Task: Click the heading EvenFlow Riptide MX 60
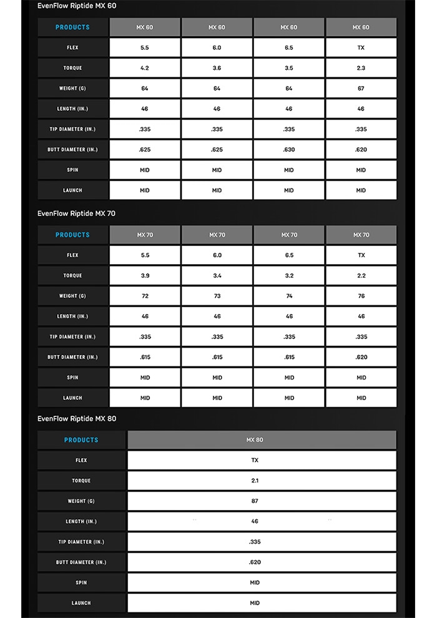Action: tap(76, 6)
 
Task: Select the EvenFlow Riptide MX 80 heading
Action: tap(76, 419)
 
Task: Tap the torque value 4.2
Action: tap(145, 68)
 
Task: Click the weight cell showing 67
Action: tap(361, 89)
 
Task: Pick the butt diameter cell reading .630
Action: tap(289, 150)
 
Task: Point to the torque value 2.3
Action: tap(361, 68)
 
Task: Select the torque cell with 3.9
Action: tap(145, 276)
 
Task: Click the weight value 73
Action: tap(217, 297)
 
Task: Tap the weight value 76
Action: tap(361, 297)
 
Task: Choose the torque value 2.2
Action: tap(361, 276)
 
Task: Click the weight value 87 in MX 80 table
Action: tap(255, 501)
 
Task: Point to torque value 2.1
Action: tap(255, 481)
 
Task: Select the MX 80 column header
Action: tap(255, 440)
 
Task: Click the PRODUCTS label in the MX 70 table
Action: tap(72, 235)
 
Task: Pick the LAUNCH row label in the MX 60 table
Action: tap(72, 190)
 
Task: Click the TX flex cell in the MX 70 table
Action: tap(361, 255)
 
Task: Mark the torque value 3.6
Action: tap(217, 68)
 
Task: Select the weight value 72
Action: tap(145, 297)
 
